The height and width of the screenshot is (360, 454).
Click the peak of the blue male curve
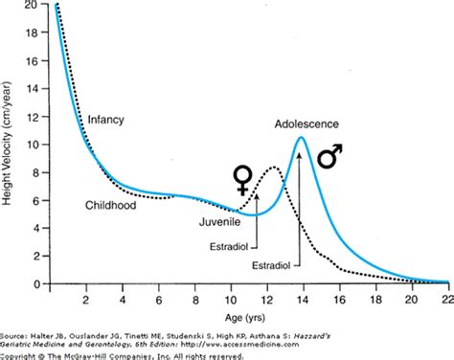[301, 137]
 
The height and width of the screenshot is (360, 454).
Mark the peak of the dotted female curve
[273, 168]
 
